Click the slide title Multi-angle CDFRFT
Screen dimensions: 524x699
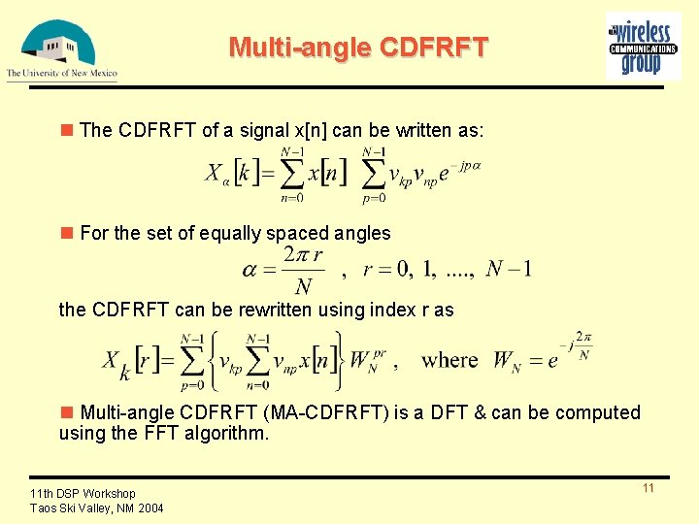[358, 47]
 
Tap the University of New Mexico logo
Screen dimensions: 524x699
[60, 49]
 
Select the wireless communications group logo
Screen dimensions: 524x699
[642, 46]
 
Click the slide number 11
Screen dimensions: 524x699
[648, 488]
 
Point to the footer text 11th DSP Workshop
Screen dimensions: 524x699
[83, 494]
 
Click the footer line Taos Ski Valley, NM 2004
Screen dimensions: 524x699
[97, 508]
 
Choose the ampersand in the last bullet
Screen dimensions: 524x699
[480, 412]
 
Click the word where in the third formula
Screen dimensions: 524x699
[450, 360]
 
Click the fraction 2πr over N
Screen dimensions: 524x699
[303, 270]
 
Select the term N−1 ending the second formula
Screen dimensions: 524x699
[509, 269]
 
